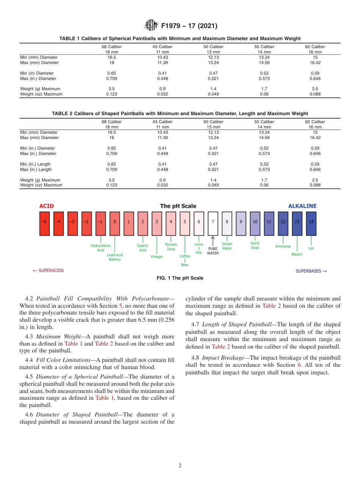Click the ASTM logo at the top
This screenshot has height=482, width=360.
(151, 26)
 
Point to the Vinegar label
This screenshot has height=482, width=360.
(157, 257)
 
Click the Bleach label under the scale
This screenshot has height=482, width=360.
(297, 254)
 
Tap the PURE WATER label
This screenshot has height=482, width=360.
(213, 251)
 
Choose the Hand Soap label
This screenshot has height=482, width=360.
(255, 246)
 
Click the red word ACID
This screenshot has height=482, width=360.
(47, 206)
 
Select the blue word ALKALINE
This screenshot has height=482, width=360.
(302, 206)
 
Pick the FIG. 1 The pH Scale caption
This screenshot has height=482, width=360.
(180, 278)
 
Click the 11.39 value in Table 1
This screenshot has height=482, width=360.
(163, 63)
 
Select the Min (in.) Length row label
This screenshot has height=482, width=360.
(35, 164)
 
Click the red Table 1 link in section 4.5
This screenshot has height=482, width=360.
(102, 397)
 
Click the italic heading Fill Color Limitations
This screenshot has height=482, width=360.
(64, 359)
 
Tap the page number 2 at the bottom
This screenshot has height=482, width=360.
(180, 466)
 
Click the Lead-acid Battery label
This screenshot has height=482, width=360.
(114, 257)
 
